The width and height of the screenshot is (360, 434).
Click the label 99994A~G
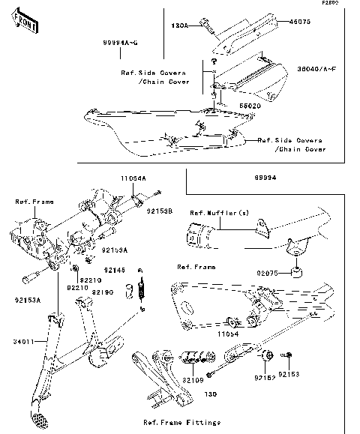point(119,43)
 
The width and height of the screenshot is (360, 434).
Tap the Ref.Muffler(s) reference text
point(219,213)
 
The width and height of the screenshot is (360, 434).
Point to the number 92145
point(114,269)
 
